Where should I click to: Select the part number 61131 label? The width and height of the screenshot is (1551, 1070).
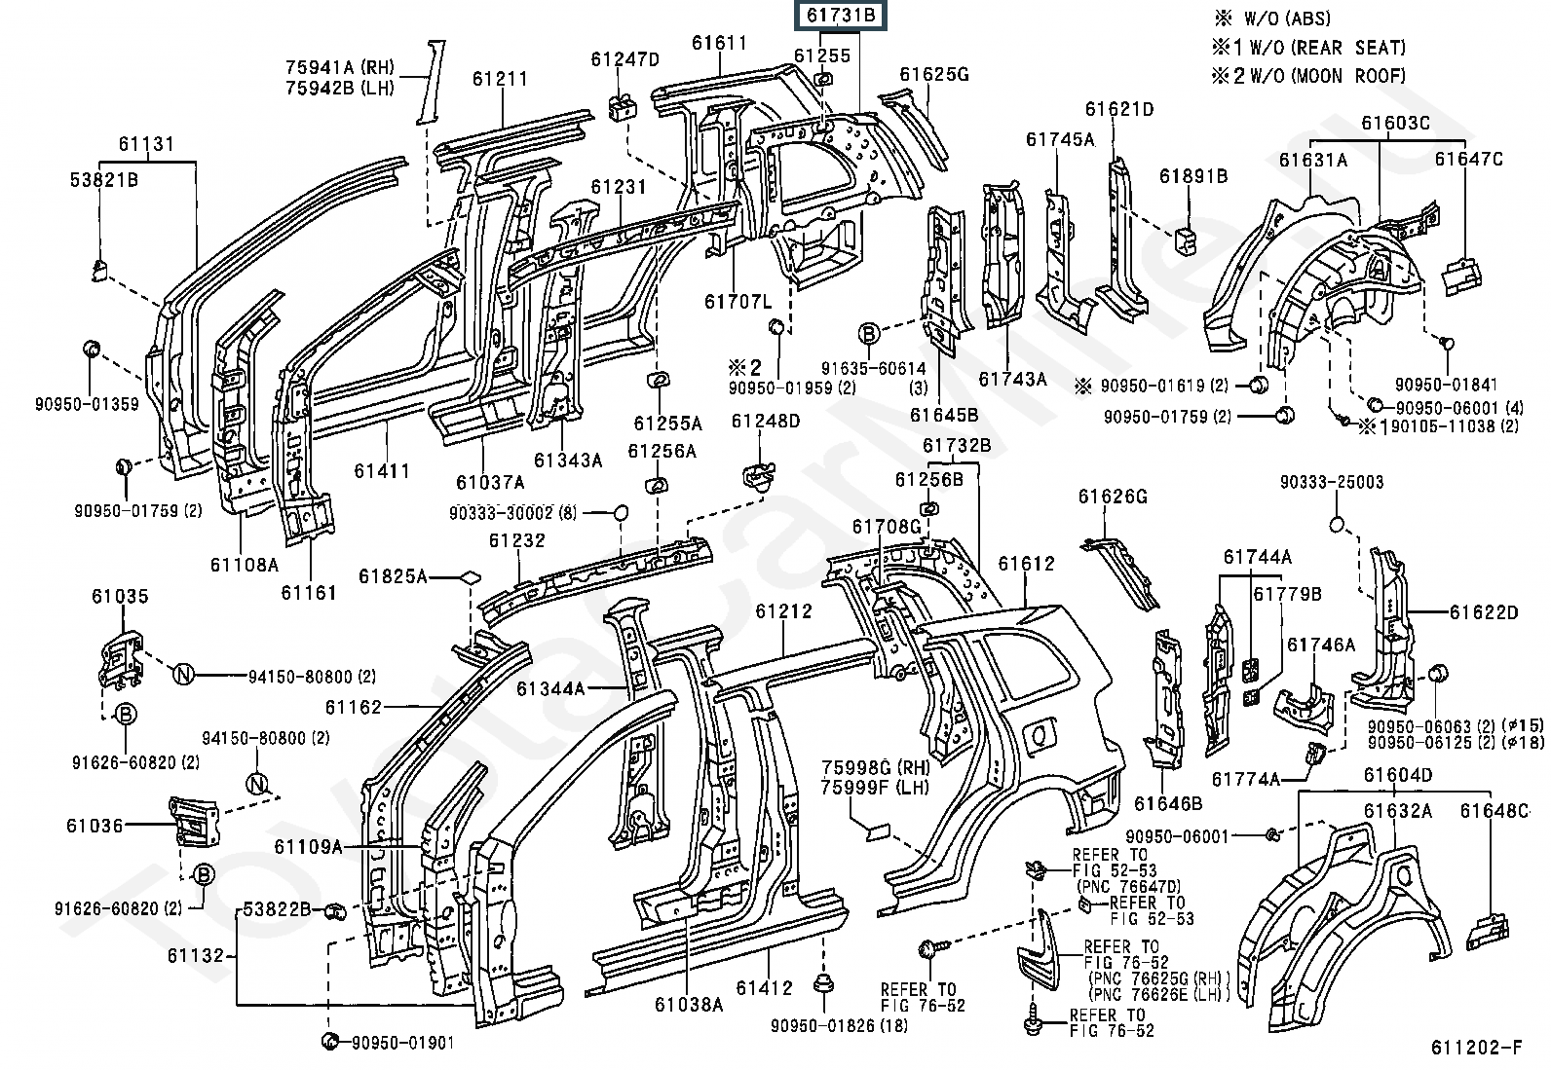(147, 145)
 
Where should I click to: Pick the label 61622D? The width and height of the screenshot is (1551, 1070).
(1484, 612)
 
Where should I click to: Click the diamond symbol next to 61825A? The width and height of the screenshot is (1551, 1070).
(470, 576)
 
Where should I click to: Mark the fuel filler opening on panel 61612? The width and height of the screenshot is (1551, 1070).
(1040, 732)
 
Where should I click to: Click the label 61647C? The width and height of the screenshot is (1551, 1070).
(1468, 159)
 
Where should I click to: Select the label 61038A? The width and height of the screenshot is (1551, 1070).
(689, 1004)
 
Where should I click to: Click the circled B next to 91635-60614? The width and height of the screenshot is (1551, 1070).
(869, 334)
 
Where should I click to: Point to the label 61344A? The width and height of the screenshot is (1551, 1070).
(551, 689)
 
